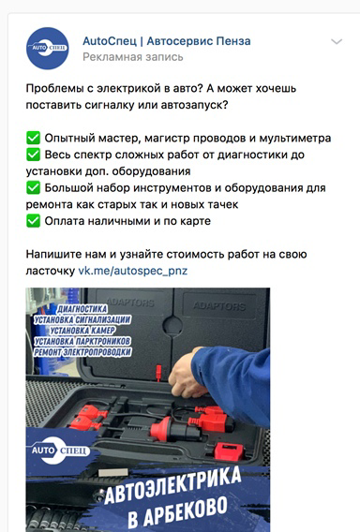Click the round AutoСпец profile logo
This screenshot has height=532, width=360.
tap(48, 49)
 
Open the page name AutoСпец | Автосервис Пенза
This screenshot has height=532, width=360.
tap(167, 41)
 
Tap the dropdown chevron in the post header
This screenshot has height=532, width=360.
tap(337, 42)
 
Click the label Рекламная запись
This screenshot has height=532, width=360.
tap(133, 56)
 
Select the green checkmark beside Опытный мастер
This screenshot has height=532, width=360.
tap(34, 138)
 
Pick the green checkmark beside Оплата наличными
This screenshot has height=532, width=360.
tap(34, 221)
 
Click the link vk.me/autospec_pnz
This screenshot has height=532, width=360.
tap(133, 271)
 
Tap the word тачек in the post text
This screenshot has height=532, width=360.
tap(221, 204)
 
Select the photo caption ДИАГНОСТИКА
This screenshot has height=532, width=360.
tap(82, 309)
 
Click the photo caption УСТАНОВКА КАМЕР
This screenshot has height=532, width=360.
tap(82, 330)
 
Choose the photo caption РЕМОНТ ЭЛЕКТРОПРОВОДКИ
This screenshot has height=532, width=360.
tap(82, 352)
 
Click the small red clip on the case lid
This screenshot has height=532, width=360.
tap(158, 373)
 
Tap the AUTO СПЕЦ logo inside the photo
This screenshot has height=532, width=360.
tap(60, 451)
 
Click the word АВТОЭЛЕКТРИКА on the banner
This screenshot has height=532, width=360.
tap(172, 485)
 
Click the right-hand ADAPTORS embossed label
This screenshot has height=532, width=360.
tap(219, 306)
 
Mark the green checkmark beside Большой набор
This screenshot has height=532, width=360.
tap(34, 187)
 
